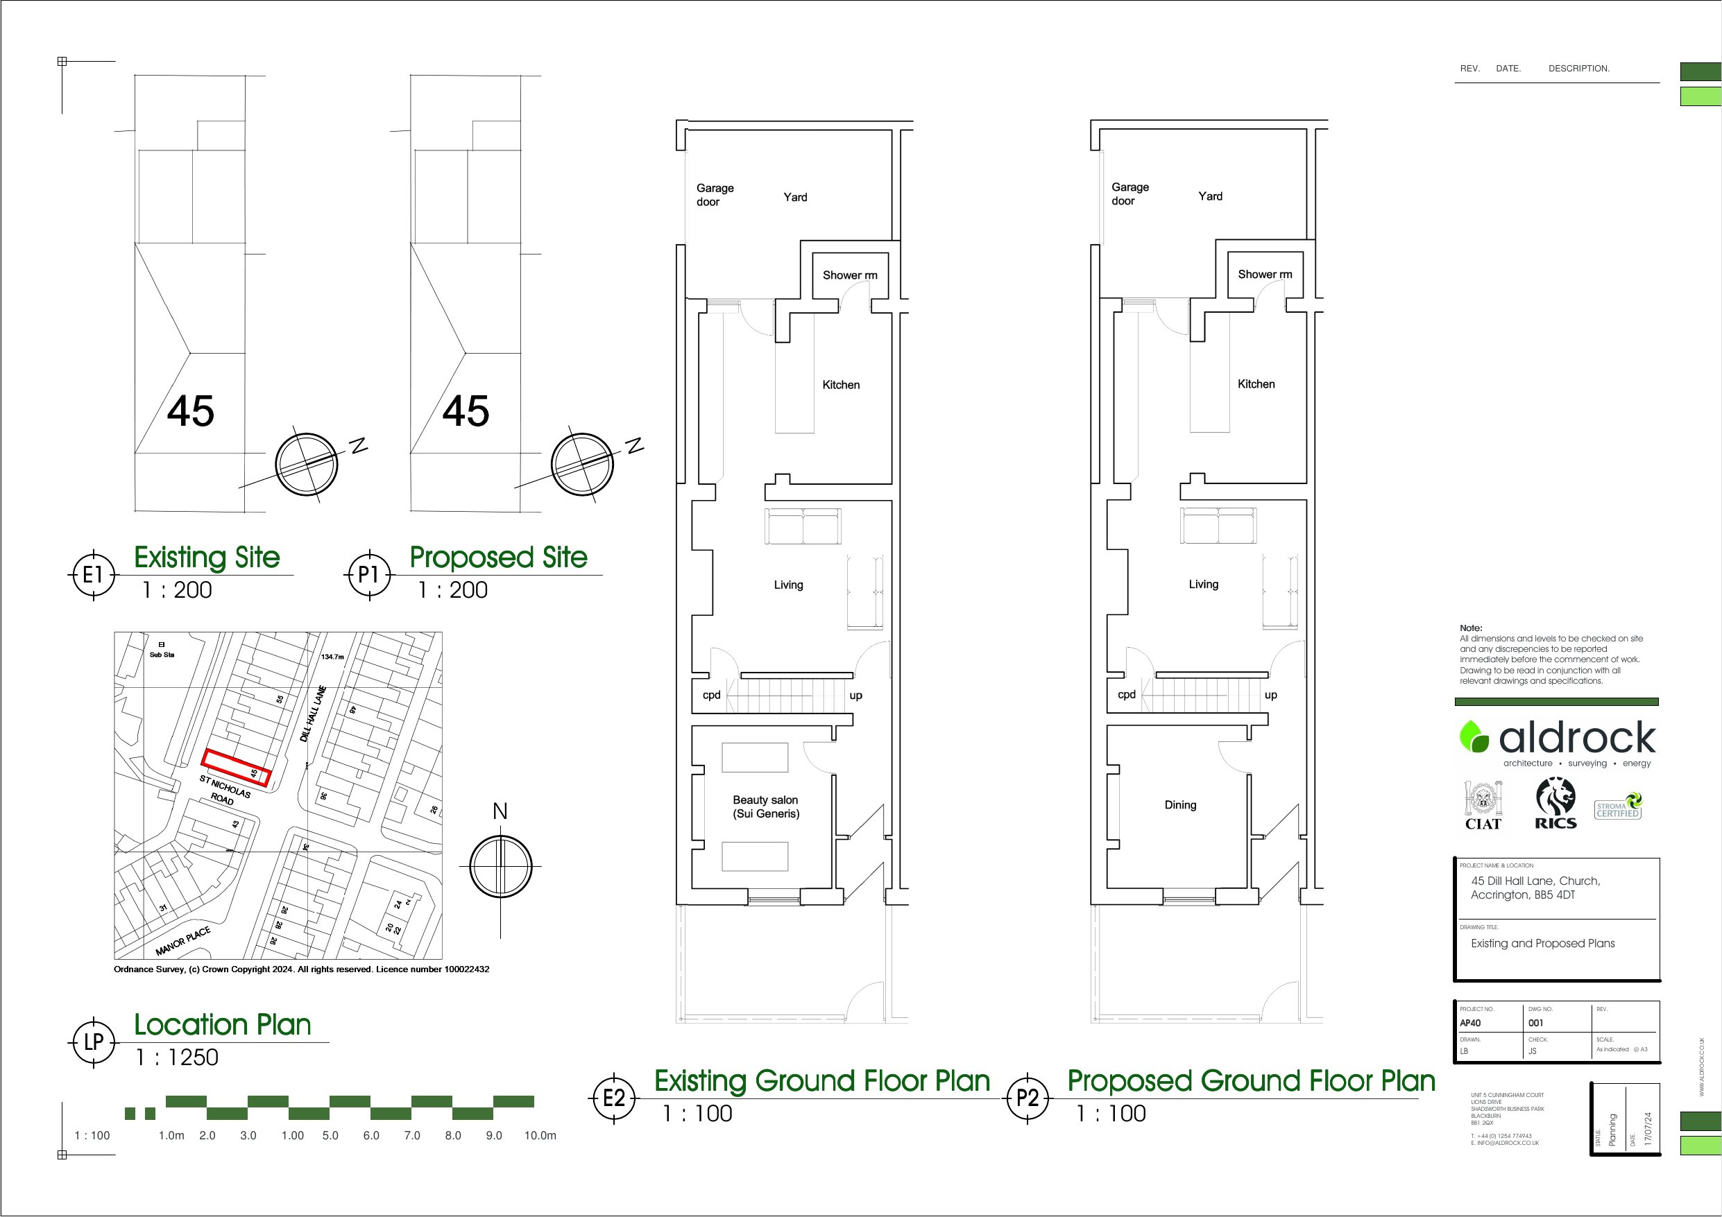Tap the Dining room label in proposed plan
coord(1179,804)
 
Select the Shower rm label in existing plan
coord(849,275)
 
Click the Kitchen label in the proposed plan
coord(1256,384)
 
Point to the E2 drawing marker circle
coord(613,1098)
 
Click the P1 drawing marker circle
coord(368,575)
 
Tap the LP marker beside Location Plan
coord(93,1042)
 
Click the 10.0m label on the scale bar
coord(540,1135)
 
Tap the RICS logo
coord(1555,803)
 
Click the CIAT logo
coord(1483,805)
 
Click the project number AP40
coord(1470,1023)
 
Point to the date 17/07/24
coord(1648,1127)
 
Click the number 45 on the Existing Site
coord(191,411)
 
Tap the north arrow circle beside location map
coord(500,866)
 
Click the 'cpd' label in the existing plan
coord(711,695)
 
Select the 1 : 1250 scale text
coord(177,1058)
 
